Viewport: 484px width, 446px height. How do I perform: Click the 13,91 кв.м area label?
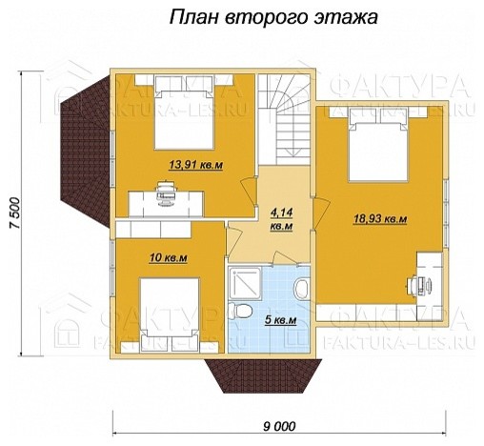coord(195,165)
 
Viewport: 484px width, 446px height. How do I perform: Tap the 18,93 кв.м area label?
coord(379,219)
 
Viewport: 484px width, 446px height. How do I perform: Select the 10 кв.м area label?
coord(167,258)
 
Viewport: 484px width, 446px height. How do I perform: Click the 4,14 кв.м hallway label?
coord(281,220)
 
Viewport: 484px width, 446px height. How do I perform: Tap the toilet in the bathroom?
coord(243,312)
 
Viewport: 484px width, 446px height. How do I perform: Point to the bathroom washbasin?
coord(299,287)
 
